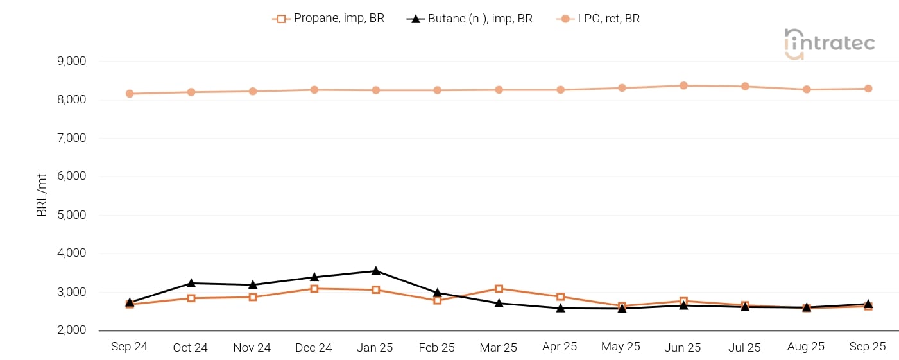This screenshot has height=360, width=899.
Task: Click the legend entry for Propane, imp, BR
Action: pyautogui.click(x=329, y=19)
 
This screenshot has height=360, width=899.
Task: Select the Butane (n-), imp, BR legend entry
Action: pyautogui.click(x=470, y=19)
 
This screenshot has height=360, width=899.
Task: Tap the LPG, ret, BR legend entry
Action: pyautogui.click(x=598, y=19)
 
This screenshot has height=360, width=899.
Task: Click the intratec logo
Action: pyautogui.click(x=829, y=44)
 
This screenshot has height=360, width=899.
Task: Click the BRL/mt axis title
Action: pyautogui.click(x=42, y=196)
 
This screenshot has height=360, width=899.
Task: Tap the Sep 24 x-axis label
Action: pyautogui.click(x=129, y=347)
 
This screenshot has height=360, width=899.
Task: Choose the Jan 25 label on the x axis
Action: pyautogui.click(x=375, y=347)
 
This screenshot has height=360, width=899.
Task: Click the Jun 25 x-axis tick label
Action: pyautogui.click(x=683, y=347)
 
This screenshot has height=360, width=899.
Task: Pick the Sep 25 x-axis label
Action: pyautogui.click(x=868, y=347)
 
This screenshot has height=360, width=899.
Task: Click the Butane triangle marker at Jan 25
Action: pyautogui.click(x=375, y=271)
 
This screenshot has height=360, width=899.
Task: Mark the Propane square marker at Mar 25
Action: pyautogui.click(x=499, y=289)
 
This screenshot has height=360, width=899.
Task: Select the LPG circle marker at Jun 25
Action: pyautogui.click(x=683, y=85)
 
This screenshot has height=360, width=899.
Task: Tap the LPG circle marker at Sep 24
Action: pyautogui.click(x=130, y=94)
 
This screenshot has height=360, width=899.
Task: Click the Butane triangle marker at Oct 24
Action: pyautogui.click(x=191, y=283)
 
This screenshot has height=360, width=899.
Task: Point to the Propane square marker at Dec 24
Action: pyautogui.click(x=314, y=289)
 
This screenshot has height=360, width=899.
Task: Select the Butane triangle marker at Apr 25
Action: pyautogui.click(x=560, y=308)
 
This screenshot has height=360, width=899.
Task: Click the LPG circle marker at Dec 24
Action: pyautogui.click(x=314, y=90)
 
